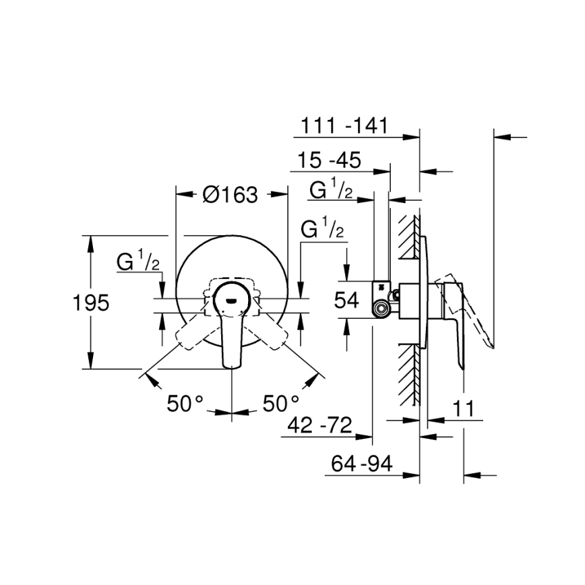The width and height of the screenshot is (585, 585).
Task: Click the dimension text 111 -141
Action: [343, 126]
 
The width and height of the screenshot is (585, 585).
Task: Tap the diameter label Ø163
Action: [230, 195]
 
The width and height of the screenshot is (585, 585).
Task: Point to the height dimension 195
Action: [90, 303]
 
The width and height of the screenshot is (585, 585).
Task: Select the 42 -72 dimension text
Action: [319, 425]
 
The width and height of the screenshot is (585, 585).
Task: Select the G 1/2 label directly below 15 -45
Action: [331, 191]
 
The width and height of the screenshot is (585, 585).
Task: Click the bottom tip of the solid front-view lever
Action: [233, 366]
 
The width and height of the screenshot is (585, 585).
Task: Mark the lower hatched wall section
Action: [408, 374]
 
